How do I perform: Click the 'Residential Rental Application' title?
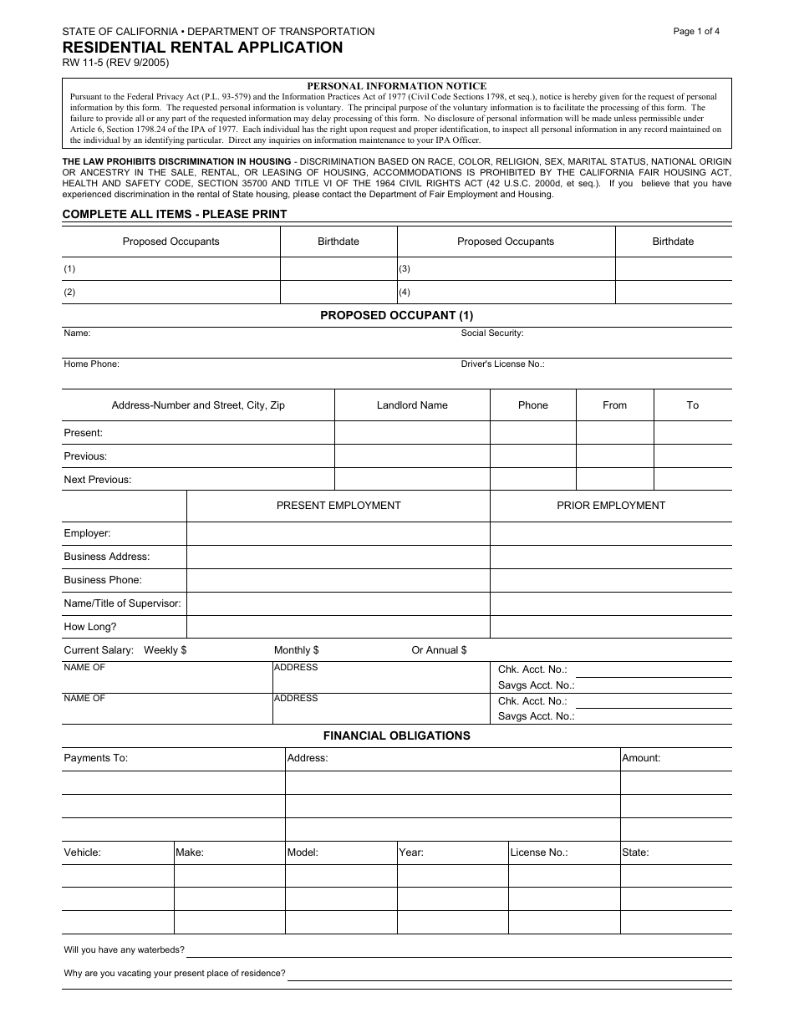coord(202,48)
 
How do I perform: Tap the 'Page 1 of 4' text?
coord(696,32)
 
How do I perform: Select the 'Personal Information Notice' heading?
coord(397,86)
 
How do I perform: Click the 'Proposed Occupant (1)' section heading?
coord(397,315)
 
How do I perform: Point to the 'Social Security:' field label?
coord(492,333)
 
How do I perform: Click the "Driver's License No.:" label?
coord(503,364)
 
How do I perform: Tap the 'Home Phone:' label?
coord(92,364)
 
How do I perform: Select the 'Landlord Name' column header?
coord(412,405)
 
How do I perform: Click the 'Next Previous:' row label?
coord(98,480)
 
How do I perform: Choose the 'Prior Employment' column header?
coord(611,506)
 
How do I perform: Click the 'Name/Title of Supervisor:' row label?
coord(123,603)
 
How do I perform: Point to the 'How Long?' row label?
coord(90,627)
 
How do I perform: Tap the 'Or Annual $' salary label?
coord(439,650)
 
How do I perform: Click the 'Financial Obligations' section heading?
coord(397,736)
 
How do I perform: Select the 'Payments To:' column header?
coord(96,758)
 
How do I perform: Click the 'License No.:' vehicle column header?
coord(539,852)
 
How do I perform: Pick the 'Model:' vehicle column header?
coord(303,852)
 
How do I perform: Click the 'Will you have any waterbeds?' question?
coord(125,950)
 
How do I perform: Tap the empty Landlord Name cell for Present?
coord(412,433)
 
